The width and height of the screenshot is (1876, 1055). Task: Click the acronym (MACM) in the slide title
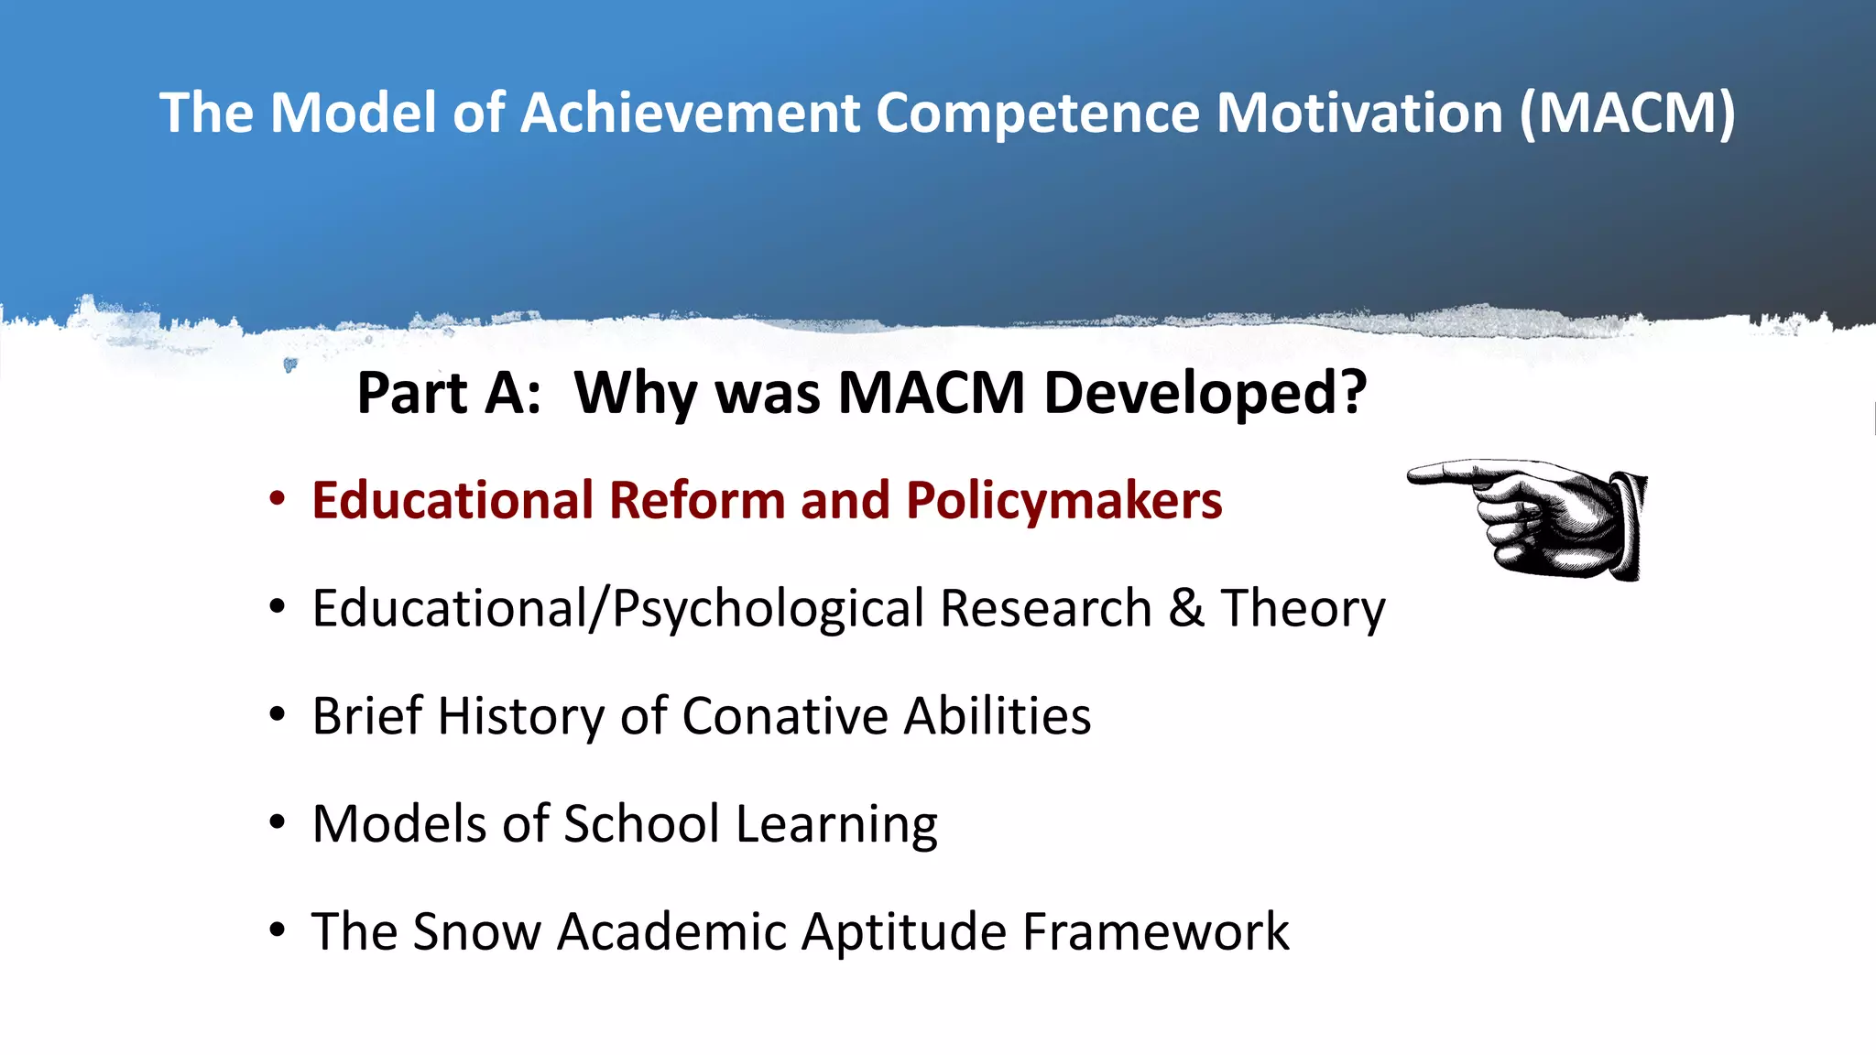(x=1628, y=114)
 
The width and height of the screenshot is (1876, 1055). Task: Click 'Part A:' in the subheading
(x=448, y=394)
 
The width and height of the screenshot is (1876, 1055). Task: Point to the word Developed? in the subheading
(x=1205, y=394)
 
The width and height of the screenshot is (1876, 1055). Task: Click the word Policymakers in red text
(x=1063, y=501)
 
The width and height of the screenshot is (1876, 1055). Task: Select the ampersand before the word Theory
(x=1185, y=608)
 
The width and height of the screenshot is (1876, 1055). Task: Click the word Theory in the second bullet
(x=1303, y=608)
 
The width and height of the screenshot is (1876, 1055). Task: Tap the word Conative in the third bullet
(x=784, y=716)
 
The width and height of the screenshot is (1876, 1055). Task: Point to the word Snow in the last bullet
(x=476, y=932)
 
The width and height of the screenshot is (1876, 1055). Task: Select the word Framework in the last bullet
(x=1155, y=932)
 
